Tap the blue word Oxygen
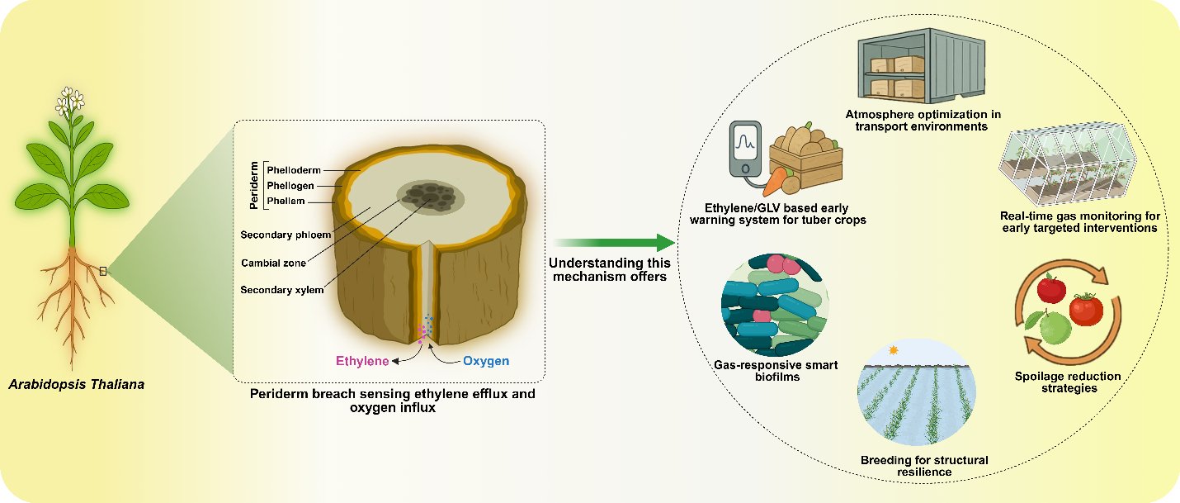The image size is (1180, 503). tap(486, 361)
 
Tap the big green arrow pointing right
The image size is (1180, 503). tap(615, 243)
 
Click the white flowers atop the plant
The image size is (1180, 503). tap(70, 101)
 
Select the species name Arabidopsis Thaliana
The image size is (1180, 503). tap(75, 384)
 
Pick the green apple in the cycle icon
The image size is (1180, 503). tap(1054, 329)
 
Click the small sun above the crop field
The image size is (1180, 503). tap(892, 350)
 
